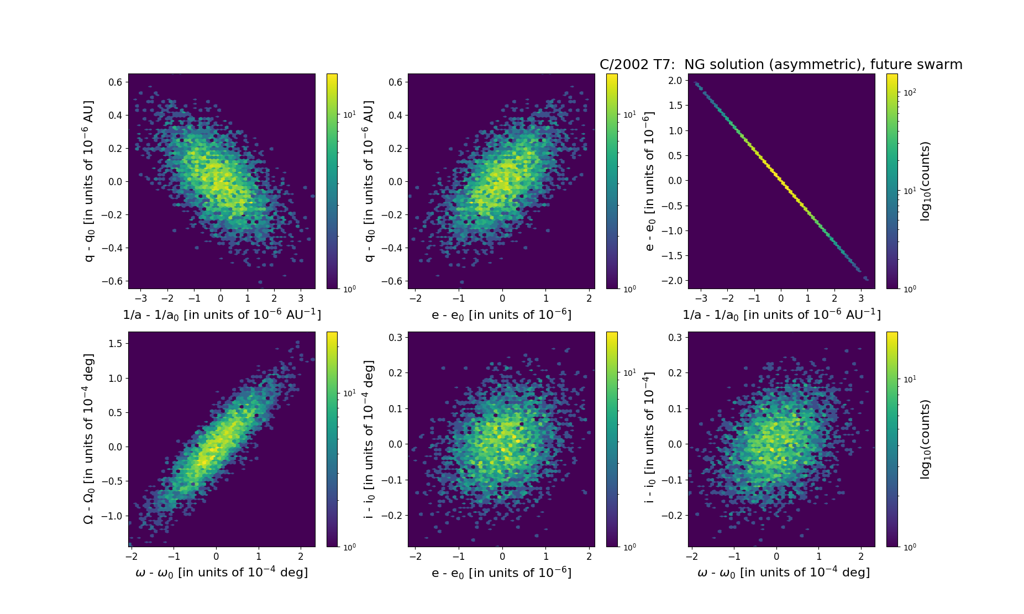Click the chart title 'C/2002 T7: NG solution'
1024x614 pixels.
point(780,65)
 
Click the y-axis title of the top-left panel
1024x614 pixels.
point(89,181)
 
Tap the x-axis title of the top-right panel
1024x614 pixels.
point(781,314)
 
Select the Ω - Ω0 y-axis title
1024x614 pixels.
point(89,439)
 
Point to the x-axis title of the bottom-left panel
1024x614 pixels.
point(222,573)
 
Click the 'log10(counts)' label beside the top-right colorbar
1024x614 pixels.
point(925,181)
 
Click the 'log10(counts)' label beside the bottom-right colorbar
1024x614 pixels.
point(925,439)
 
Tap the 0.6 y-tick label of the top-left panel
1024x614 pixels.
point(115,82)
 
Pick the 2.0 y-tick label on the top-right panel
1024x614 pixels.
point(675,81)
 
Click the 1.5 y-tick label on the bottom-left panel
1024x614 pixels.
point(115,344)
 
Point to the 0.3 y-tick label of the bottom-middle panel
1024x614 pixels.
point(395,337)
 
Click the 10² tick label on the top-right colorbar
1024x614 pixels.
point(910,93)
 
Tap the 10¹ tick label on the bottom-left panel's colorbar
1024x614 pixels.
point(349,393)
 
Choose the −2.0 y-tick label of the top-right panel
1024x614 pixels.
point(673,281)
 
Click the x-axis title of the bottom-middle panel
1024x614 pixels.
point(501,573)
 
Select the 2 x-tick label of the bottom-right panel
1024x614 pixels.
point(861,557)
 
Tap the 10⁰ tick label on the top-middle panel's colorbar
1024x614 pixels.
point(629,288)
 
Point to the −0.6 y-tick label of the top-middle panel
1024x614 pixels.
point(392,281)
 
